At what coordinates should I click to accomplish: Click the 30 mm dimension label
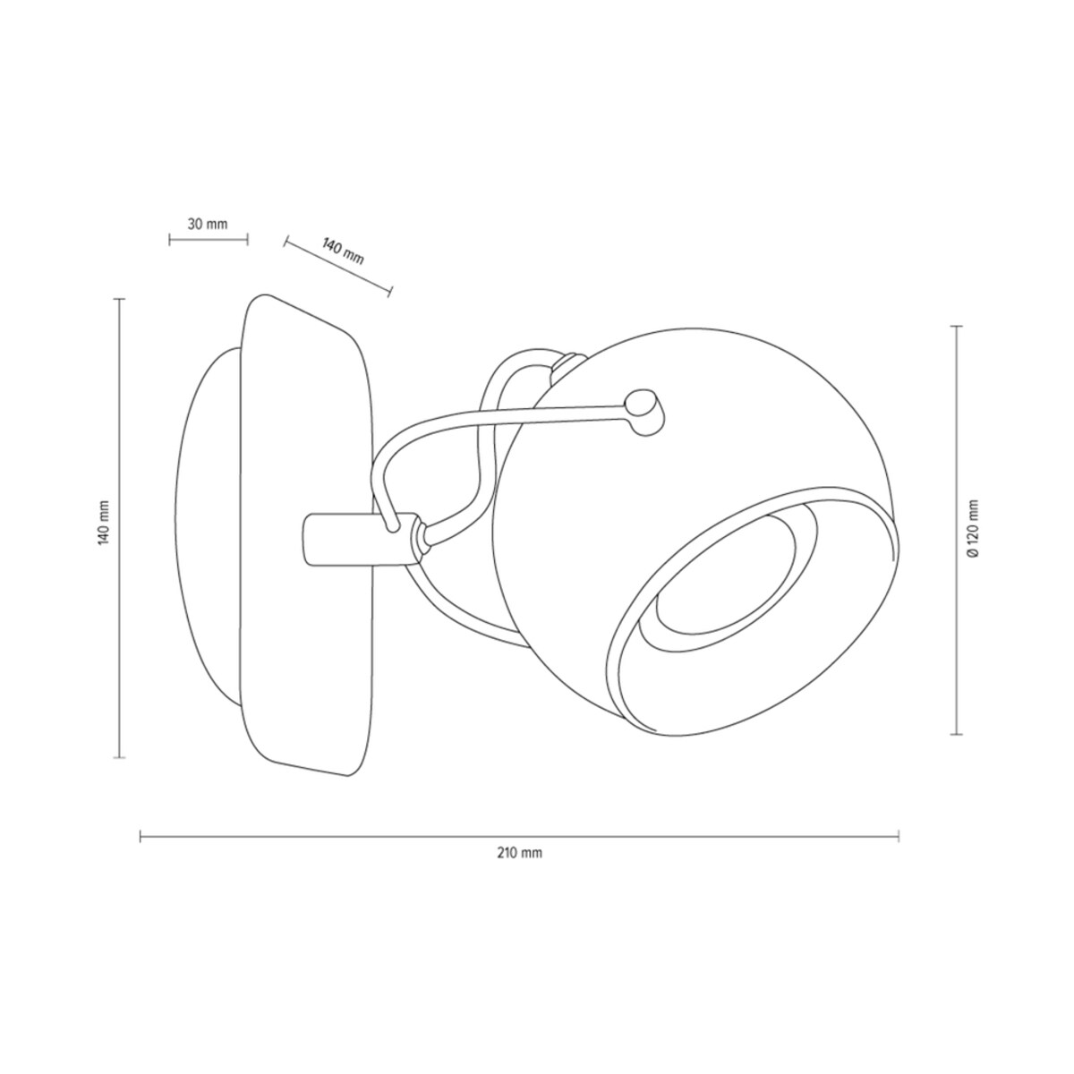[x=208, y=224]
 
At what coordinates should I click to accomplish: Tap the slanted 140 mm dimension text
[x=343, y=251]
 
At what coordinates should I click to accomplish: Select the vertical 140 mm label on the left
[x=104, y=522]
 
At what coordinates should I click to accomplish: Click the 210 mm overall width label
[x=519, y=868]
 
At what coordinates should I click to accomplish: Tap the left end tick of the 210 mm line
[x=140, y=852]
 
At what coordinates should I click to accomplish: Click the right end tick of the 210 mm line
[x=899, y=852]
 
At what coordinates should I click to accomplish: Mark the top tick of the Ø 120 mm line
[x=957, y=326]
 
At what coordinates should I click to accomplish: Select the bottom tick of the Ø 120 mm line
[x=957, y=734]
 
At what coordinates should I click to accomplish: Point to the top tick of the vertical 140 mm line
[x=119, y=299]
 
